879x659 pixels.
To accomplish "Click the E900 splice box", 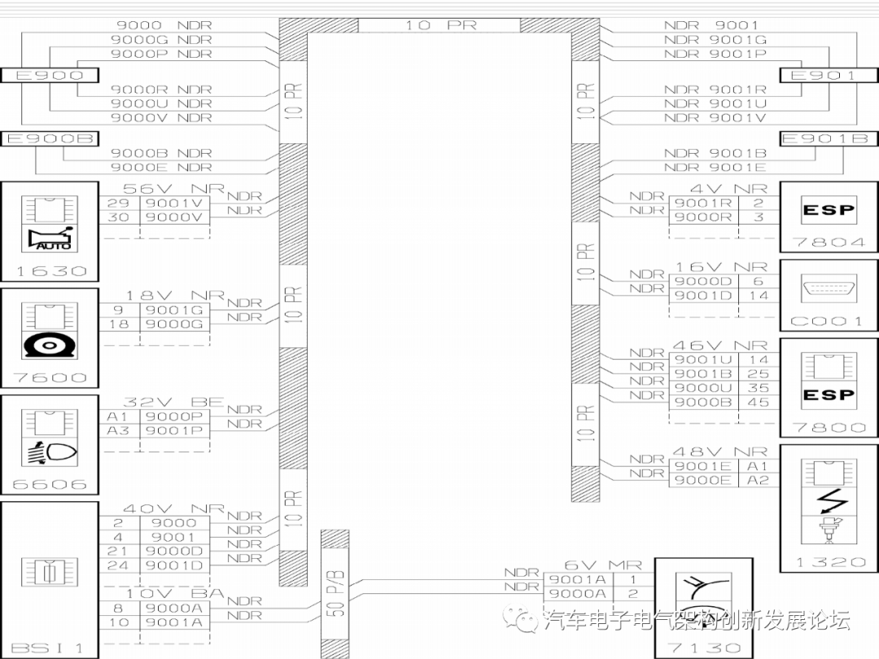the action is click(x=50, y=76).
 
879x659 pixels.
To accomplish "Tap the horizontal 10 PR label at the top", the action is click(x=439, y=25).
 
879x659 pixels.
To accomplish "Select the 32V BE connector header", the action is click(x=161, y=402).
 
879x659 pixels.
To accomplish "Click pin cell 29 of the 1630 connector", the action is click(x=118, y=203).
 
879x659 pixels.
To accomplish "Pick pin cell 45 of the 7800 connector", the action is click(x=759, y=402).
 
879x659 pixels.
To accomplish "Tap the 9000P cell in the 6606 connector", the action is click(x=175, y=417).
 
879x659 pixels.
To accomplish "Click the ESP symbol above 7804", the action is click(x=829, y=211).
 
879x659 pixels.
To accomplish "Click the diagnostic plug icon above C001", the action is click(x=829, y=289).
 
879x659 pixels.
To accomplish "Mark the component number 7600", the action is click(x=50, y=378).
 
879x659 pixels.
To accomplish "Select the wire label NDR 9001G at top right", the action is click(x=715, y=40).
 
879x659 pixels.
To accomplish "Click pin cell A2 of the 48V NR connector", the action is click(x=759, y=480).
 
